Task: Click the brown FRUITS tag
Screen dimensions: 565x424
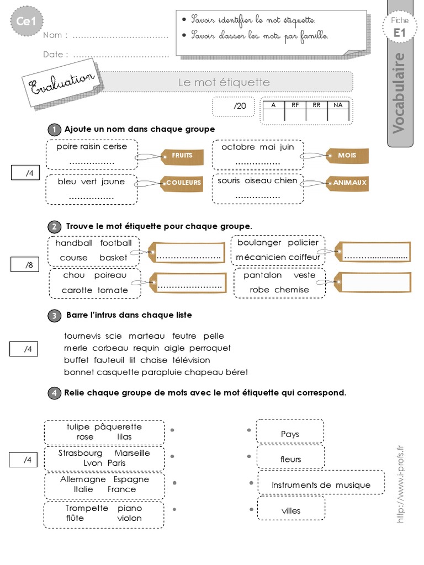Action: (x=182, y=156)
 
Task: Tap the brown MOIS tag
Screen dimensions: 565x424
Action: (x=347, y=156)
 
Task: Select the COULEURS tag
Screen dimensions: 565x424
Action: (x=182, y=182)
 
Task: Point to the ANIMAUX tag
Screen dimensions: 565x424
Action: (x=347, y=182)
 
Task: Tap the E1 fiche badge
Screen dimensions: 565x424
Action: (x=400, y=28)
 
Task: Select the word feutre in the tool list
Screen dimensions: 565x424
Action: (x=184, y=336)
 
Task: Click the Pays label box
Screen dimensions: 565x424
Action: (x=290, y=434)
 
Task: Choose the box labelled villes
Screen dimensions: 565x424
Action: (x=291, y=510)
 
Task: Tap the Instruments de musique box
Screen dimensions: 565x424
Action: (x=321, y=485)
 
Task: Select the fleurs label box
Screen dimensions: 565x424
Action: (x=291, y=459)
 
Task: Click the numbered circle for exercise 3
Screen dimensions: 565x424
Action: (x=55, y=316)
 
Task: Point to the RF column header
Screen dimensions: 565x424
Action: (x=295, y=104)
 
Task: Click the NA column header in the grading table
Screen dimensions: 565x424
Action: (x=337, y=104)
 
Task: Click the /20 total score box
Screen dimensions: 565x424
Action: (x=234, y=106)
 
